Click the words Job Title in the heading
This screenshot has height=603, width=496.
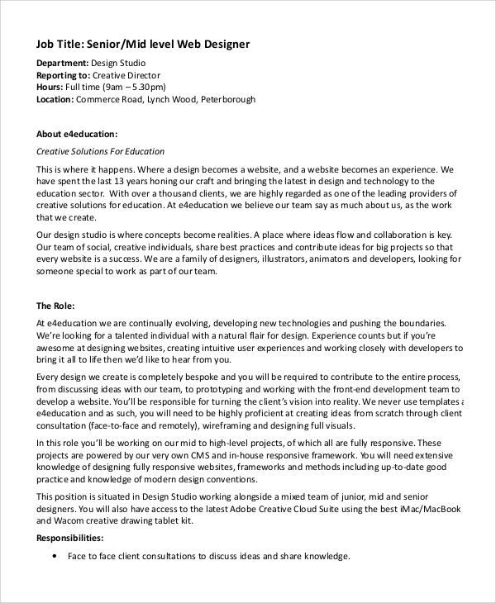(60, 44)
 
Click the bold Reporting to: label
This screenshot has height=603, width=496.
(64, 75)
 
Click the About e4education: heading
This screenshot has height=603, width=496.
(77, 134)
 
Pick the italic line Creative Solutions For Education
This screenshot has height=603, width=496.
(101, 151)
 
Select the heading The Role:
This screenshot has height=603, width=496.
(60, 306)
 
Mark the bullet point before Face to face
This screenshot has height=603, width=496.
(54, 557)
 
